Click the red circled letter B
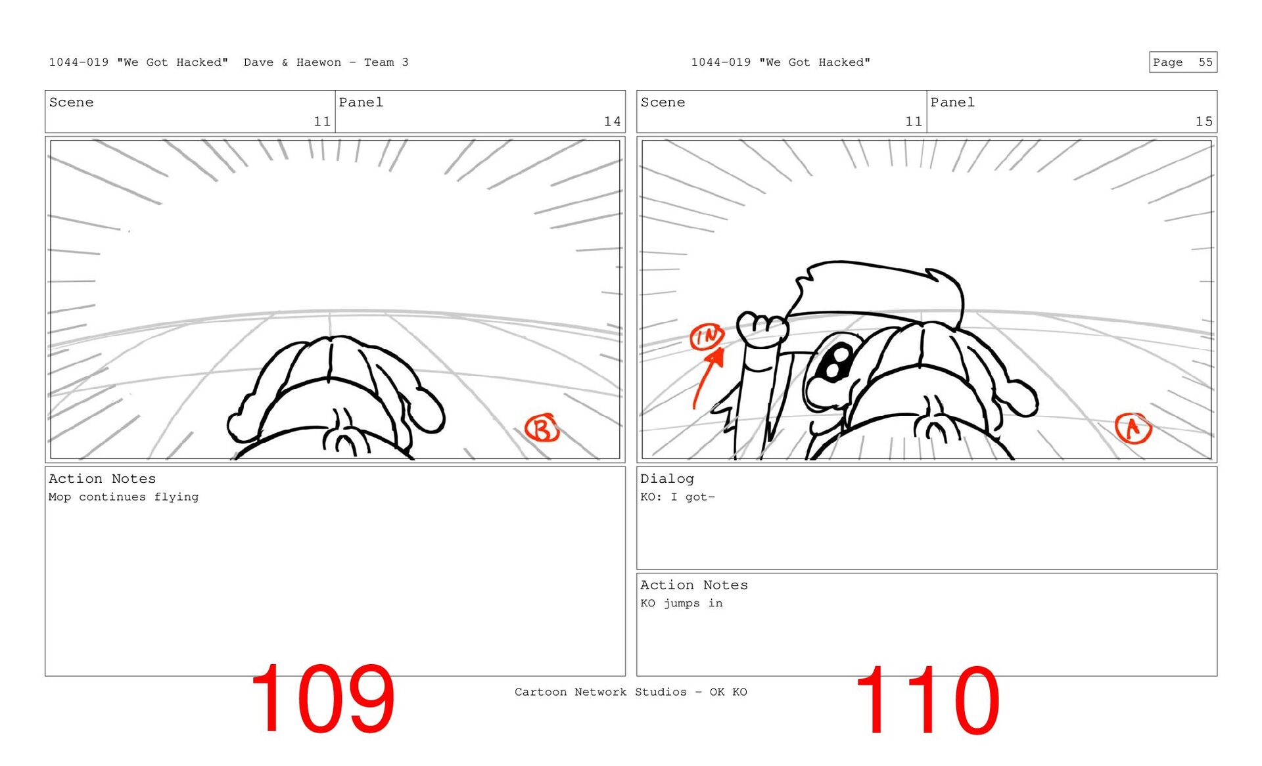[x=542, y=428]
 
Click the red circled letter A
[x=1133, y=428]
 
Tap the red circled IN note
[x=707, y=337]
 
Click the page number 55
[x=1205, y=62]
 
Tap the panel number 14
[x=612, y=122]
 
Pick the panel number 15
[x=1204, y=122]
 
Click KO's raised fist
[x=762, y=328]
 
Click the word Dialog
[x=667, y=479]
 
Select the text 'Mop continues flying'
[x=124, y=497]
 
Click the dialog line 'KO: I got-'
[x=678, y=497]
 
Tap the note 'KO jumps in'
[x=682, y=603]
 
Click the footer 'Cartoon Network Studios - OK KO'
[x=631, y=692]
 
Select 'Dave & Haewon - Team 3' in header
[x=326, y=62]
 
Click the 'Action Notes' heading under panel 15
[x=694, y=585]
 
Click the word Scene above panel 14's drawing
[x=71, y=102]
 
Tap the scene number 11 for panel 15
[x=914, y=122]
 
